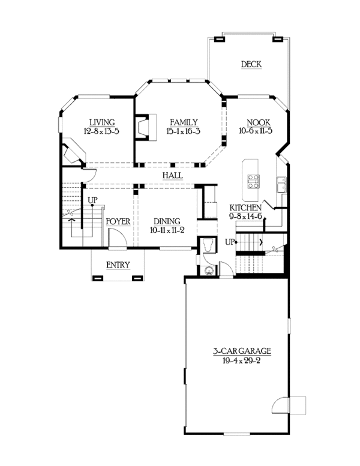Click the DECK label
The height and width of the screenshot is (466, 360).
click(x=251, y=65)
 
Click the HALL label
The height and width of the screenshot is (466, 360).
click(x=172, y=175)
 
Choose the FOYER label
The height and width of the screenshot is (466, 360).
click(x=118, y=221)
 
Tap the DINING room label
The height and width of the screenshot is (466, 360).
click(x=166, y=221)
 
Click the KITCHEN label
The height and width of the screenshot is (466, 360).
click(x=245, y=208)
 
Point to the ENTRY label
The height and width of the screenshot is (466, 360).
click(x=118, y=265)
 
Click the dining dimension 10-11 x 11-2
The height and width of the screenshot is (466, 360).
click(x=166, y=230)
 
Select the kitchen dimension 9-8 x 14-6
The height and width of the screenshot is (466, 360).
click(x=245, y=217)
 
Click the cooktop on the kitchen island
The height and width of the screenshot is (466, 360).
click(x=253, y=181)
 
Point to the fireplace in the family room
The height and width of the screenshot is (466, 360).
click(x=142, y=127)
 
